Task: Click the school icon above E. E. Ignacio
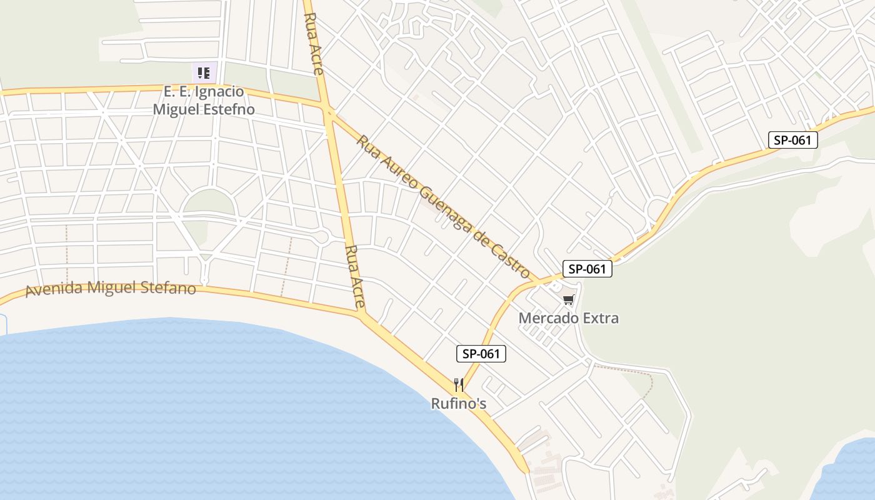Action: pyautogui.click(x=204, y=73)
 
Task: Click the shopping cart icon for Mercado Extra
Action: pyautogui.click(x=568, y=301)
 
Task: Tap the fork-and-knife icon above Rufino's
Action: pyautogui.click(x=459, y=384)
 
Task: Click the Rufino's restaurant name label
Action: pyautogui.click(x=459, y=404)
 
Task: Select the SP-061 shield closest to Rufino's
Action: pyautogui.click(x=481, y=354)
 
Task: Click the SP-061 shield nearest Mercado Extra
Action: pyautogui.click(x=587, y=269)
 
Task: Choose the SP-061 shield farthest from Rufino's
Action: pyautogui.click(x=792, y=140)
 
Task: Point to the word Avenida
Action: pyautogui.click(x=55, y=290)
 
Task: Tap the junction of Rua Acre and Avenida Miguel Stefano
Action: pyautogui.click(x=363, y=315)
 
